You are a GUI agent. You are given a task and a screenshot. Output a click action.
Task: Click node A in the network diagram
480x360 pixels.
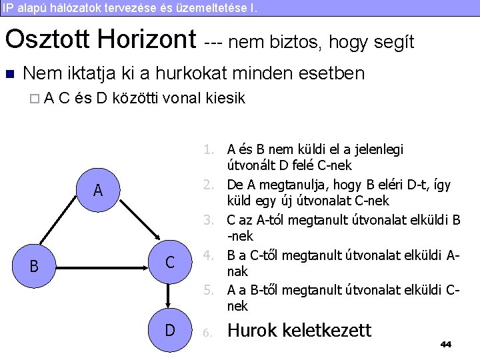click(x=98, y=191)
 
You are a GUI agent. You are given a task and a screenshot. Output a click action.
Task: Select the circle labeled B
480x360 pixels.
click(x=34, y=266)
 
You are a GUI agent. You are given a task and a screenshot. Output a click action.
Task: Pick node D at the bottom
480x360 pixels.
click(x=170, y=329)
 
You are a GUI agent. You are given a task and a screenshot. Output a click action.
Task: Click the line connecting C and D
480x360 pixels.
click(x=170, y=296)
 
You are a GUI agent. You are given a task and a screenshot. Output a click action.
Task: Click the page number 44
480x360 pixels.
click(x=446, y=344)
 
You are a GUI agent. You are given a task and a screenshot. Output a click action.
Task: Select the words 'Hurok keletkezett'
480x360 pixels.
click(x=299, y=329)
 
